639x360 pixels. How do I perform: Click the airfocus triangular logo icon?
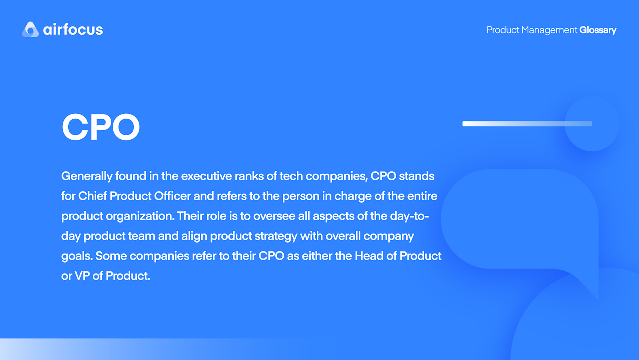point(30,30)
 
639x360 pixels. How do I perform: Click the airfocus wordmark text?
point(73,30)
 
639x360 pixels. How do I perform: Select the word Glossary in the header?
point(598,30)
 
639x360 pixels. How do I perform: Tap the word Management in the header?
point(549,30)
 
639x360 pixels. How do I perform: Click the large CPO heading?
point(101,127)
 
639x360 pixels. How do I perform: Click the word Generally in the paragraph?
point(87,176)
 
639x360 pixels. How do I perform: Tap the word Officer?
point(173,196)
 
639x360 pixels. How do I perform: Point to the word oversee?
point(274,216)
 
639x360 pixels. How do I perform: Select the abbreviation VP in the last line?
point(82,276)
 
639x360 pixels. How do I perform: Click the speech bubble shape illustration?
point(519,220)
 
